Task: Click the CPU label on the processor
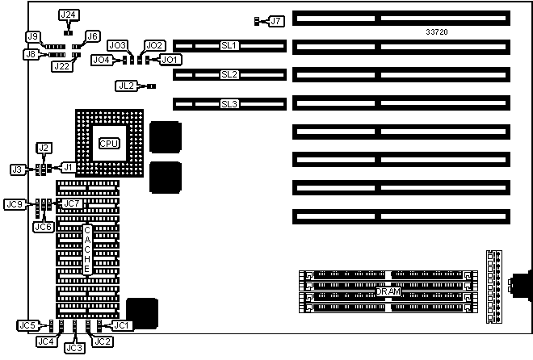click(109, 143)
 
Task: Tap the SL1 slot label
click(229, 46)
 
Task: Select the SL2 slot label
click(229, 75)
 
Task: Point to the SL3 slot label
click(229, 104)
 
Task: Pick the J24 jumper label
click(69, 15)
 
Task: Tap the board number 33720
click(436, 32)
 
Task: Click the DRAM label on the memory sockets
click(388, 291)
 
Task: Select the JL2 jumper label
click(125, 85)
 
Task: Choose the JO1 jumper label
click(170, 59)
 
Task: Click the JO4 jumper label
click(101, 59)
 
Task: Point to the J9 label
click(33, 36)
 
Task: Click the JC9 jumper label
click(14, 204)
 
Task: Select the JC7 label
click(73, 204)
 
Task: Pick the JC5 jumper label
click(27, 325)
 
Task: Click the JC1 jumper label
click(120, 325)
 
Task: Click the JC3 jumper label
click(74, 348)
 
